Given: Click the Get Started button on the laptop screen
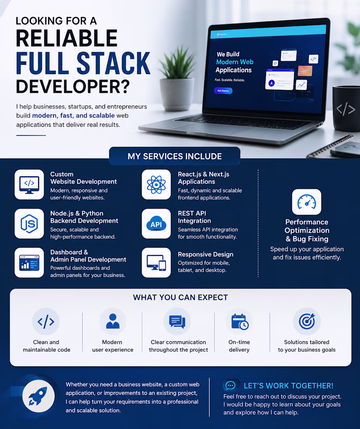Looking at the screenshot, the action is click(x=223, y=90).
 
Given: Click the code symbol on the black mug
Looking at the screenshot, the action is click(x=346, y=109).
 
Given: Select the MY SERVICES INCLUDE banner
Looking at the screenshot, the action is click(x=174, y=156).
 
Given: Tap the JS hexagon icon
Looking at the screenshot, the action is click(x=29, y=224).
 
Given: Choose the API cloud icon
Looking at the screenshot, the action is click(x=156, y=224).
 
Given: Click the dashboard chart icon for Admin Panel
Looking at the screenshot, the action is click(x=29, y=262).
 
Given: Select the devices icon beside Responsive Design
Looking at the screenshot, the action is click(x=156, y=262).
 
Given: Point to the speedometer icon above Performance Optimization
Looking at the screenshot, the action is click(x=307, y=202).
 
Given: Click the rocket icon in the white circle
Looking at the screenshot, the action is click(x=38, y=396).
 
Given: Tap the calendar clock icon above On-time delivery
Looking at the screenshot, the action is click(x=239, y=322).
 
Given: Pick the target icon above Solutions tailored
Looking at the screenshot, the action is click(x=307, y=321).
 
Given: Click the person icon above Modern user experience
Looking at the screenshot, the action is click(x=113, y=321).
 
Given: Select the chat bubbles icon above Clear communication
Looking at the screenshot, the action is click(x=177, y=321).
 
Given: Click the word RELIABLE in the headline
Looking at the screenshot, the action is click(x=67, y=38).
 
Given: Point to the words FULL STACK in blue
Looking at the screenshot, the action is click(x=83, y=63).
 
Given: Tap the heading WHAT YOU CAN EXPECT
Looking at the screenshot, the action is click(x=180, y=298).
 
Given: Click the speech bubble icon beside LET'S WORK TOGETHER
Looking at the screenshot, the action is click(x=231, y=385).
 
